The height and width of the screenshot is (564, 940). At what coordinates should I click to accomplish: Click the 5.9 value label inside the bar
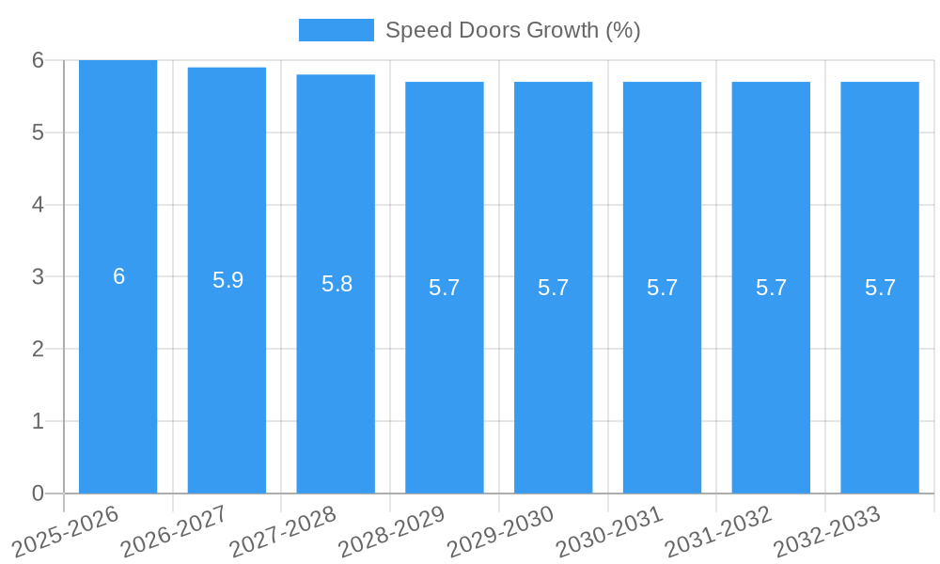click(227, 280)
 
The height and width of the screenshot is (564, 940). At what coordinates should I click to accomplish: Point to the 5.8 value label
click(337, 284)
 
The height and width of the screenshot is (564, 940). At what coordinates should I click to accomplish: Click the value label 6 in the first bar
click(118, 276)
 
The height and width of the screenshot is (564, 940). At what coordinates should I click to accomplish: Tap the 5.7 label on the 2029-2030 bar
click(553, 288)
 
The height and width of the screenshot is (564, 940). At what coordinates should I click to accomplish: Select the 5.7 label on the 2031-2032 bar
click(771, 288)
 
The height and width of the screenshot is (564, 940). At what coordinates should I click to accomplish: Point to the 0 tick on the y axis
click(38, 493)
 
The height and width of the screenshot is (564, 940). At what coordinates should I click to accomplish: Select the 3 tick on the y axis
click(38, 277)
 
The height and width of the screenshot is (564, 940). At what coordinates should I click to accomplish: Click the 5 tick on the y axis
click(38, 133)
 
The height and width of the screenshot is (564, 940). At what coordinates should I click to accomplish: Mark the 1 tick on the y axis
click(38, 422)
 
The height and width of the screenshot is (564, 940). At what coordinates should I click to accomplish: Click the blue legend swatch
click(336, 30)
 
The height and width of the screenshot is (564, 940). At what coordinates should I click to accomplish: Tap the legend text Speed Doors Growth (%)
click(513, 30)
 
